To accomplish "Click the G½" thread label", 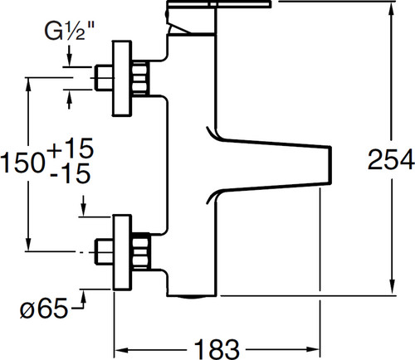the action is [70, 31].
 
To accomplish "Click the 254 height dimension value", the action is [391, 159].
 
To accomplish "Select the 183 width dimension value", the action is [217, 349].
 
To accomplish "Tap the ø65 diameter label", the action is [44, 308].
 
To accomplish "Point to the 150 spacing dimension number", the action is [22, 163].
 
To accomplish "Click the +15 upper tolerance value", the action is [71, 148].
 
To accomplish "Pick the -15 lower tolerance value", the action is [71, 173].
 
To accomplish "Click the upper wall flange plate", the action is [121, 78].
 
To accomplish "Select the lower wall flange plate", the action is [121, 252].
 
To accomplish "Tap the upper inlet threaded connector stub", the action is [104, 78].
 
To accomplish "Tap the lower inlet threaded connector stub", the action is [104, 251].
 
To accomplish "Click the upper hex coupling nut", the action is [140, 79].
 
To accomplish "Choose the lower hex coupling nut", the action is [141, 251].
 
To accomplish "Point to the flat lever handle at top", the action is [218, 4].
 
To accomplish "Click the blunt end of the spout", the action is [330, 164].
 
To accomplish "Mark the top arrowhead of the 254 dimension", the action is [391, 8].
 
